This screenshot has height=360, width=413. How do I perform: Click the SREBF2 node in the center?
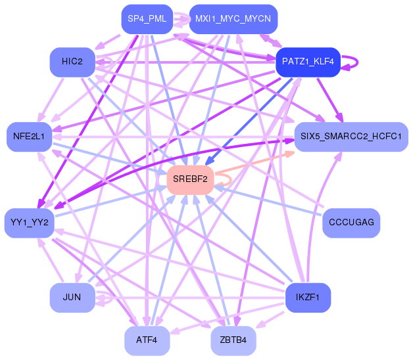(x=190, y=180)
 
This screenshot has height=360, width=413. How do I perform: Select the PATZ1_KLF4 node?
(x=308, y=62)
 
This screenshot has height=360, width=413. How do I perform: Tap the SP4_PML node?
(x=147, y=19)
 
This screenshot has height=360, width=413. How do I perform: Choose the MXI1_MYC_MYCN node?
(x=233, y=19)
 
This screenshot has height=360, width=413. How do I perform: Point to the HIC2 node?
(x=72, y=62)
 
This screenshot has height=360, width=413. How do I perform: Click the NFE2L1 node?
(x=29, y=137)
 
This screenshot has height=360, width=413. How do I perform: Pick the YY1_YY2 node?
(x=29, y=223)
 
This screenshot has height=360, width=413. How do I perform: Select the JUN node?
(x=72, y=298)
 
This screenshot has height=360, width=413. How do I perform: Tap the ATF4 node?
(x=147, y=341)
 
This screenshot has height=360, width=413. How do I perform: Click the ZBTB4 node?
(x=233, y=341)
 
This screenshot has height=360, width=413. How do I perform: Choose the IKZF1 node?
(x=308, y=298)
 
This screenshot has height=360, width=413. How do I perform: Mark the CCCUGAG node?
(x=351, y=223)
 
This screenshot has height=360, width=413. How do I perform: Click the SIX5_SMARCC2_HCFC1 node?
(x=351, y=137)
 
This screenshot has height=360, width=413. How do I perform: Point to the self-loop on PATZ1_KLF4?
(x=357, y=62)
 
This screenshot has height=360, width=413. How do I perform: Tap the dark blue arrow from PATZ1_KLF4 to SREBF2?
(x=249, y=122)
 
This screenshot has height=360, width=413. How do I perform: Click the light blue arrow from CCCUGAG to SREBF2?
(x=268, y=200)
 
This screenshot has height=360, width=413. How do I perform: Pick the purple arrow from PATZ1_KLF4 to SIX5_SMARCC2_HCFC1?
(x=330, y=100)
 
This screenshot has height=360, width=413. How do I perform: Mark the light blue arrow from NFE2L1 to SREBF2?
(x=110, y=158)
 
